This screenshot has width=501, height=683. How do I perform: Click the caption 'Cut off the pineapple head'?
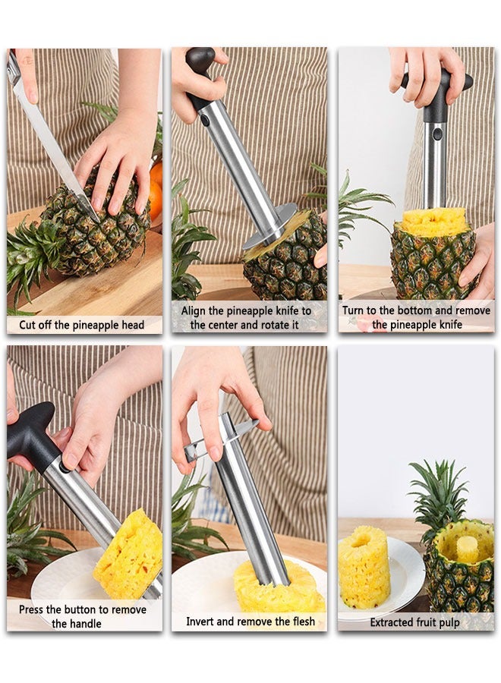[82, 325]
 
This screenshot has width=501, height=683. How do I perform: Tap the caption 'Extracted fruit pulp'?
[414, 622]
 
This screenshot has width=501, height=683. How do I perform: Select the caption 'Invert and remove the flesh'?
[248, 622]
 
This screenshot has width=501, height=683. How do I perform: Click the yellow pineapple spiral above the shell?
[434, 221]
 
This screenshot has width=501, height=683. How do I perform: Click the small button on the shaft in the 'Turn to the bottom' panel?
[436, 134]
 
